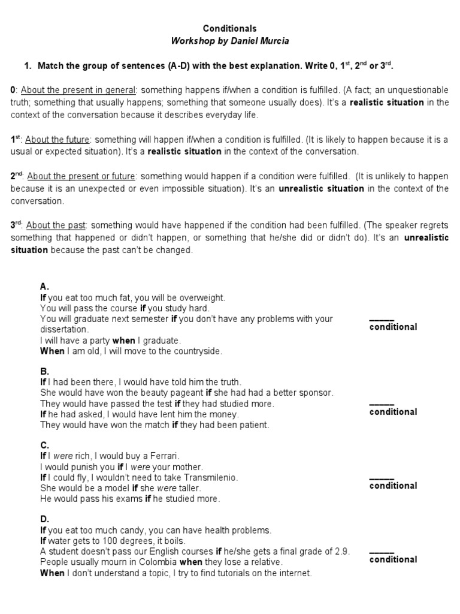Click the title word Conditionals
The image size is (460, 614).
click(x=230, y=28)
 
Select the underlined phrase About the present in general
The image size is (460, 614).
click(x=78, y=90)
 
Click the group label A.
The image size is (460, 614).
click(x=44, y=286)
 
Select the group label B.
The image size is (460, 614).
click(x=44, y=371)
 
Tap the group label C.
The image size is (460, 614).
click(x=44, y=445)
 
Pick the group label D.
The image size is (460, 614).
click(x=44, y=519)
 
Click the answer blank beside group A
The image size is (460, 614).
click(x=382, y=318)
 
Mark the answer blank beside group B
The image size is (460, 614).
click(x=382, y=403)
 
